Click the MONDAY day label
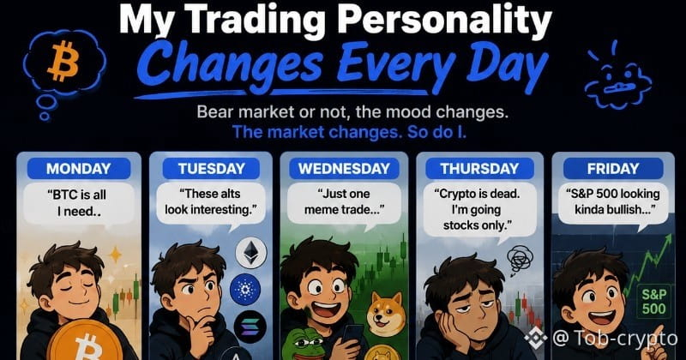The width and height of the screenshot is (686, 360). (x=79, y=168)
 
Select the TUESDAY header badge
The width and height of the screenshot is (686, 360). (x=211, y=168)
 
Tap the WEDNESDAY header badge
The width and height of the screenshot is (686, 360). (x=344, y=168)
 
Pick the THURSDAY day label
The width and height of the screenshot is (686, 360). (x=479, y=168)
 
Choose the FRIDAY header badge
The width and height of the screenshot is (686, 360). (x=613, y=168)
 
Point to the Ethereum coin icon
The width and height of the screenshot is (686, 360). (x=251, y=253)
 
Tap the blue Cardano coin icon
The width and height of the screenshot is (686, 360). (x=245, y=289)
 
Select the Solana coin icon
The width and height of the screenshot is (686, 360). (x=250, y=327)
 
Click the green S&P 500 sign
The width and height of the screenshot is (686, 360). (x=653, y=302)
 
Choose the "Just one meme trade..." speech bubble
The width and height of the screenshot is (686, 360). (x=344, y=203)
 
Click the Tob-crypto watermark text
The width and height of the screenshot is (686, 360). (x=615, y=338)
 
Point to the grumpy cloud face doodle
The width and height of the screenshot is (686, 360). (x=617, y=79)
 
